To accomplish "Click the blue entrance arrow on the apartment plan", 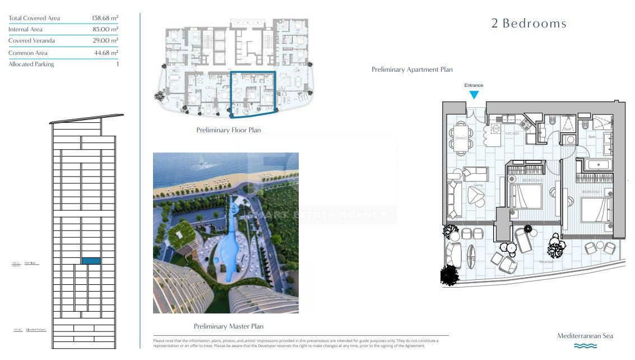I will coord(474,95).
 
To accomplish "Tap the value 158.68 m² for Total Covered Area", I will coord(105,18).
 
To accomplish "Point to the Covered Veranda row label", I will coord(31,41).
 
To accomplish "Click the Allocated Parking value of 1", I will coord(117,64).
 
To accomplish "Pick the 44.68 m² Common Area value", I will coord(106,53).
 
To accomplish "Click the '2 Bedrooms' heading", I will coord(529,24).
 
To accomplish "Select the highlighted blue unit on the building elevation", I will coord(91,261).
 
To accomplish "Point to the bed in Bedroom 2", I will coord(527,196).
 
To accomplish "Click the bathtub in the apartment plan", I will coord(597,165).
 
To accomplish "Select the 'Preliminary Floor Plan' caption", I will coord(228,130).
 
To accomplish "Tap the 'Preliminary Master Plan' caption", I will coord(228,326).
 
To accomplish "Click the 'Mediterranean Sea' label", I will coord(585,336).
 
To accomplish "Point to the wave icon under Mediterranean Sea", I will coord(585,346).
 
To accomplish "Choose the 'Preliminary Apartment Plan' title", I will coord(412,70).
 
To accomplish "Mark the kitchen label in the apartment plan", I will coord(512,134).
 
